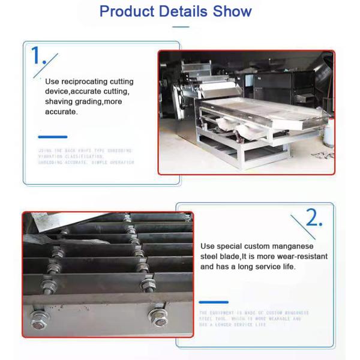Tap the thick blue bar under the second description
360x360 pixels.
(214, 302)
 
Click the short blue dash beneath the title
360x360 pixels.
(180, 26)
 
